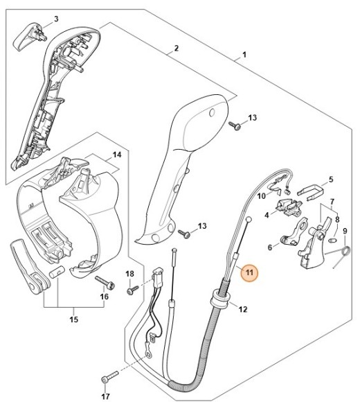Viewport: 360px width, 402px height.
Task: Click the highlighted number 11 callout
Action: point(248,273)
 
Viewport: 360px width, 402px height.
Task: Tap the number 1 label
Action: point(243,54)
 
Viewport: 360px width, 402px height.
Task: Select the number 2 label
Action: point(177,48)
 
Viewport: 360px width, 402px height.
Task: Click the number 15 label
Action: point(73,320)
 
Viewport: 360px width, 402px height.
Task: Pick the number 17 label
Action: point(105,396)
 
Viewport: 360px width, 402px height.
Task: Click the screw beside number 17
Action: point(107,378)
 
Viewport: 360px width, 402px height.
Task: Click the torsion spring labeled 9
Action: point(343,258)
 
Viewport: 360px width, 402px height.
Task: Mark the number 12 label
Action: point(242,310)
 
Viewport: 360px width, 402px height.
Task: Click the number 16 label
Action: point(105,297)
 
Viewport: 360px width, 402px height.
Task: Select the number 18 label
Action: point(129,274)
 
